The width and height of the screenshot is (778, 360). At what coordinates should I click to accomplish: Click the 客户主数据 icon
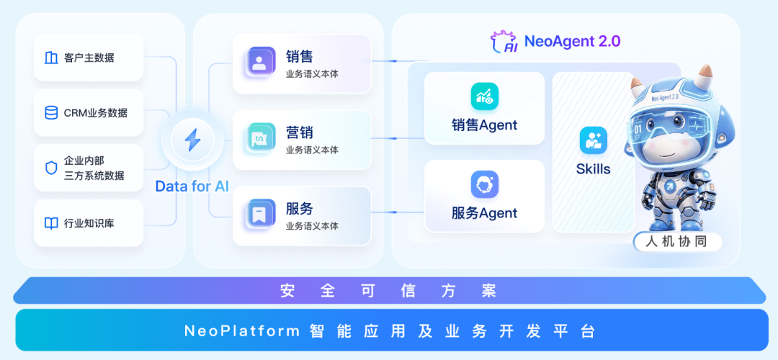(51, 58)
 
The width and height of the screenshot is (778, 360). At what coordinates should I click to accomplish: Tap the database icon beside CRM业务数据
(51, 112)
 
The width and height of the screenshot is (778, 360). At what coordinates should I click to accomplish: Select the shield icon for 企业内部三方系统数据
(51, 168)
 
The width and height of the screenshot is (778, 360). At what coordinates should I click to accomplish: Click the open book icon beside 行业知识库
(51, 223)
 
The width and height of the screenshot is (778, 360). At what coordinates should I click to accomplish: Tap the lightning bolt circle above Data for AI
(192, 140)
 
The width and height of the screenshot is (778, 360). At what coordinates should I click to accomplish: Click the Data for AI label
(192, 186)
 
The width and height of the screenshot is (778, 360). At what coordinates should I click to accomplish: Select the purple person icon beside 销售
(259, 63)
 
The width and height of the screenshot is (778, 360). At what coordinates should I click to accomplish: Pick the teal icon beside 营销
(259, 139)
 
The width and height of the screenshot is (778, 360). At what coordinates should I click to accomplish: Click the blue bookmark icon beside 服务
(259, 215)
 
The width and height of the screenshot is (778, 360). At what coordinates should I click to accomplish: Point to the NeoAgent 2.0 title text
(572, 41)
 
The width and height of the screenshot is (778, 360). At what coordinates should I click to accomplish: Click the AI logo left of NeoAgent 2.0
(504, 42)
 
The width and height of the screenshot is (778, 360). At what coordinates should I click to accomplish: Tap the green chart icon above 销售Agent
(484, 96)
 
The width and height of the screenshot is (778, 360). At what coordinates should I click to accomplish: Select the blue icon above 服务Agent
(484, 184)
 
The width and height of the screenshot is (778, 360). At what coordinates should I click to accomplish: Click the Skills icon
(594, 140)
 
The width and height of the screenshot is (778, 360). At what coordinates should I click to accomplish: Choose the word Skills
(594, 169)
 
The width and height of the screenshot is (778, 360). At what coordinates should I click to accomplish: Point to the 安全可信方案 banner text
(388, 291)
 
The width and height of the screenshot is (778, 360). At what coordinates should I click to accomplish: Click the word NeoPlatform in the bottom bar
(241, 331)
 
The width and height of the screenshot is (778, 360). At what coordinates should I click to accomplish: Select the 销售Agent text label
(484, 125)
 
